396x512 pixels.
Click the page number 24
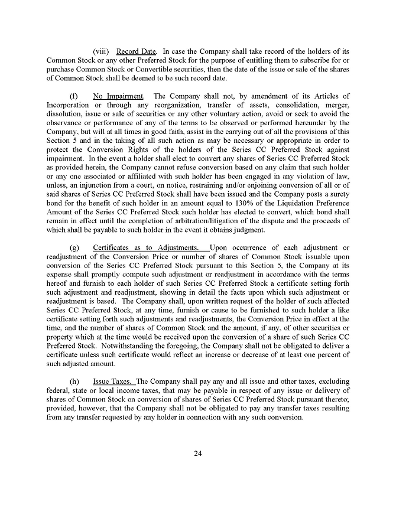point(198,454)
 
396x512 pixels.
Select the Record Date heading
point(137,51)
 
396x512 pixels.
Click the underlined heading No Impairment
point(118,96)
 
